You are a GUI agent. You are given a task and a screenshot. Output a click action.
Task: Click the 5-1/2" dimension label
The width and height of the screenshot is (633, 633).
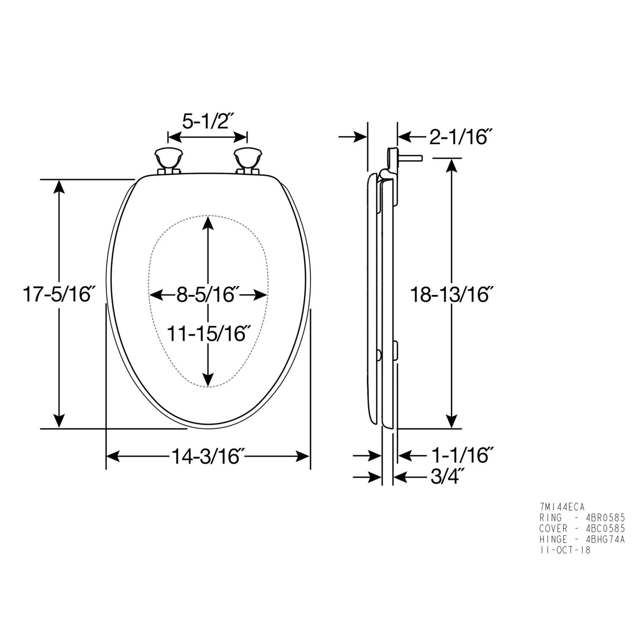[x=208, y=122]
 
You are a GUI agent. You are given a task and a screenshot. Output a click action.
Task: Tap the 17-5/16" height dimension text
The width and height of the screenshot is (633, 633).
[x=57, y=294]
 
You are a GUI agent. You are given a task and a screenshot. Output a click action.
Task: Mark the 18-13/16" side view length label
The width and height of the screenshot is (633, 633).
[x=452, y=295]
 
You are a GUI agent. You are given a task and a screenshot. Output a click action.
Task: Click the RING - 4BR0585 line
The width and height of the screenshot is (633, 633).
[x=582, y=518]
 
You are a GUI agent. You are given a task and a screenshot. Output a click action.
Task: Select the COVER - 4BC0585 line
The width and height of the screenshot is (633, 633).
[x=582, y=528]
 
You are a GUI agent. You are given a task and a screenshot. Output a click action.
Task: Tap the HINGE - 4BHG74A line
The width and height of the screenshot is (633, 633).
[x=582, y=539]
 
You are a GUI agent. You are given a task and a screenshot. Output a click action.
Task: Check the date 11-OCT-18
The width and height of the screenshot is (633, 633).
[x=565, y=550]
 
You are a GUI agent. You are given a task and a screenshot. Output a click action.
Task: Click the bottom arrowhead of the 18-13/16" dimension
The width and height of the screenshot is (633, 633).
[x=452, y=420]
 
